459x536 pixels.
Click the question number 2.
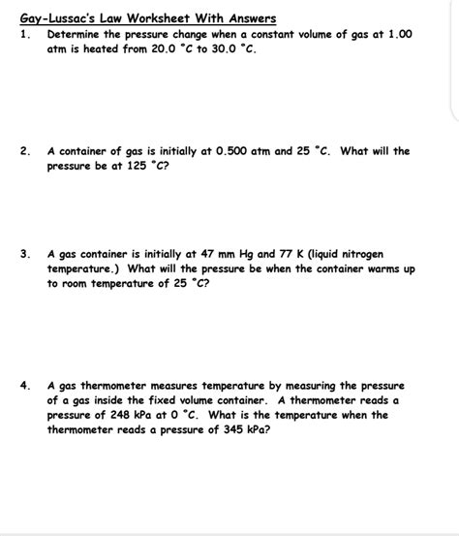[x=24, y=151]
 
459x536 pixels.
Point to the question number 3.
[x=24, y=254]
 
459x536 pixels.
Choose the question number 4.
[x=24, y=385]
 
